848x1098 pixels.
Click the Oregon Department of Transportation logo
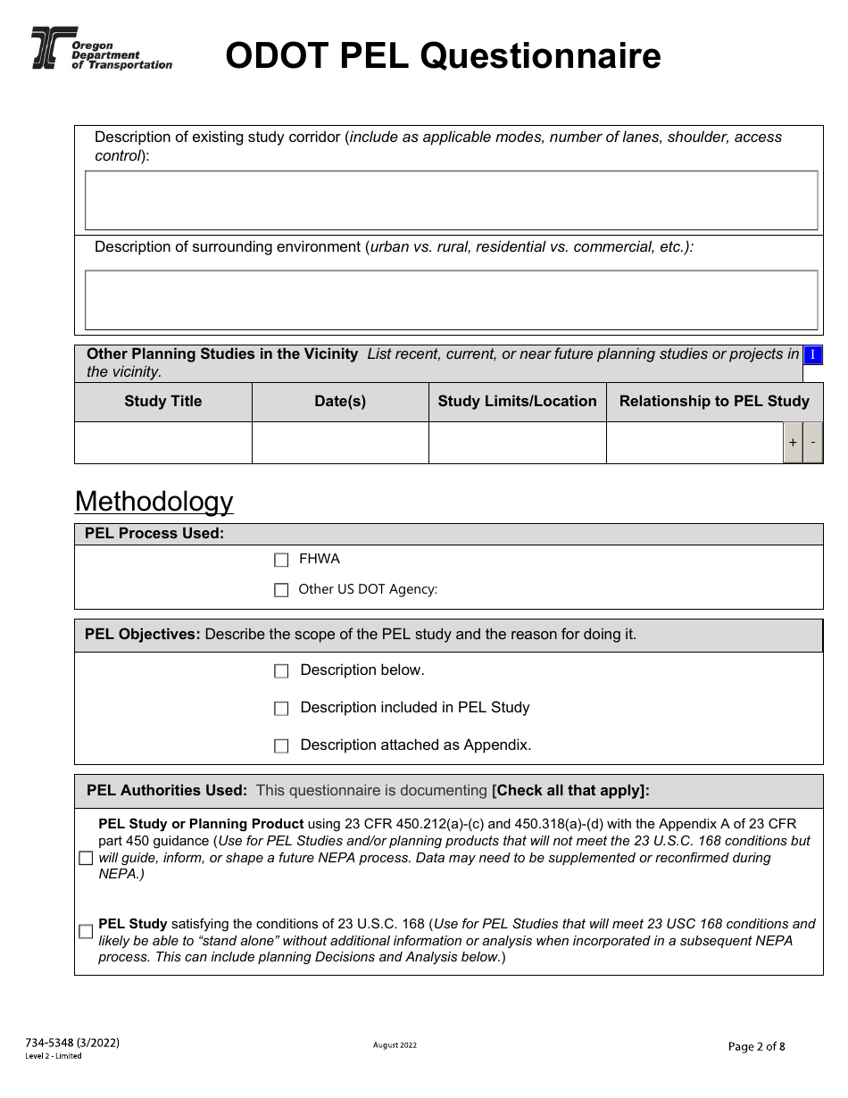(100, 49)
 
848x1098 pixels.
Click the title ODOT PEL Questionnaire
(443, 56)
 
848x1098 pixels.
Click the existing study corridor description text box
(451, 201)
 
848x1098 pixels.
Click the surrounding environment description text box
(451, 300)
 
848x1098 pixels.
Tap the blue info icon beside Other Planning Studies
(812, 355)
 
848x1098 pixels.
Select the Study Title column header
(163, 402)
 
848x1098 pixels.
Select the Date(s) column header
(340, 402)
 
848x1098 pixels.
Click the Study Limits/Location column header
(517, 402)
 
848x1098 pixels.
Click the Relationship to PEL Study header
(714, 402)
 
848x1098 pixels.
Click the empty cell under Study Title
(163, 443)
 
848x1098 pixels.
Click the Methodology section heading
(154, 502)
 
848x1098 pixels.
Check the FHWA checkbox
(281, 561)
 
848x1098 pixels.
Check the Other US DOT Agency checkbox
(281, 590)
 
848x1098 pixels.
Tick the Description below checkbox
(281, 671)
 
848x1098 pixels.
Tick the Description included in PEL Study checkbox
(281, 709)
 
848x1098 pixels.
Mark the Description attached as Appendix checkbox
(281, 746)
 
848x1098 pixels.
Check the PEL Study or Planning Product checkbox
(86, 859)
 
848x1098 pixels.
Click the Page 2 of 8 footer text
(757, 1047)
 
